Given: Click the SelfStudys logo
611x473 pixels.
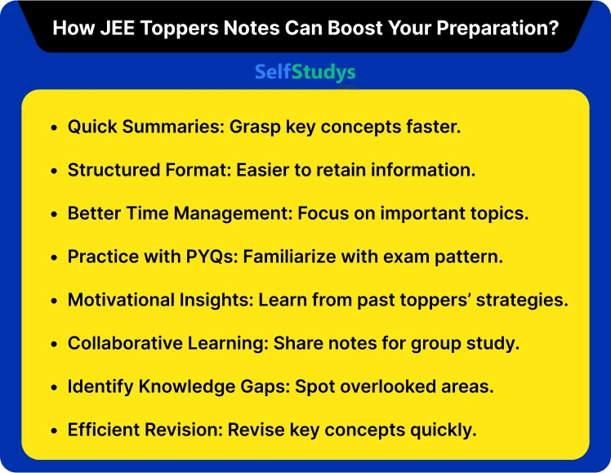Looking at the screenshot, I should click(x=305, y=72).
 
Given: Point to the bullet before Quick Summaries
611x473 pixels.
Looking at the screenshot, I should click(x=54, y=128).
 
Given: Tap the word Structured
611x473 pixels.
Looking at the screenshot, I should click(x=112, y=171).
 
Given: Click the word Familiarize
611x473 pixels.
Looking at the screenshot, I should click(x=292, y=257).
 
